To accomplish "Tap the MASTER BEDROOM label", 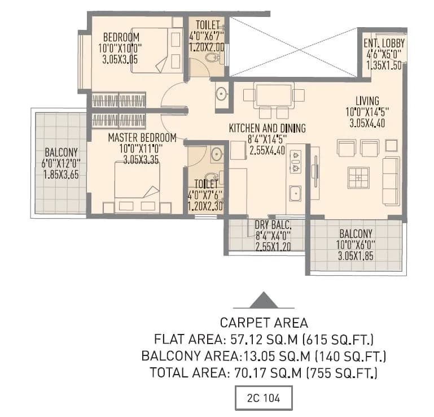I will pyautogui.click(x=142, y=137).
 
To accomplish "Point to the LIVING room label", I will pyautogui.click(x=367, y=102).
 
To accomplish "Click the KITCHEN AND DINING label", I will pyautogui.click(x=267, y=129).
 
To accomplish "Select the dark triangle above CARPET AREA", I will pyautogui.click(x=264, y=301).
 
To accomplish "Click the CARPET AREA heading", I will pyautogui.click(x=264, y=323).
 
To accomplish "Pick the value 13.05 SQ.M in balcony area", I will pyautogui.click(x=264, y=357).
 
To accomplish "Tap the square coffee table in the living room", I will pyautogui.click(x=358, y=178).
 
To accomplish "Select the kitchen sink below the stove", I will pyautogui.click(x=295, y=193).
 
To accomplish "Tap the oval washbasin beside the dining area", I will pyautogui.click(x=221, y=94).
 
